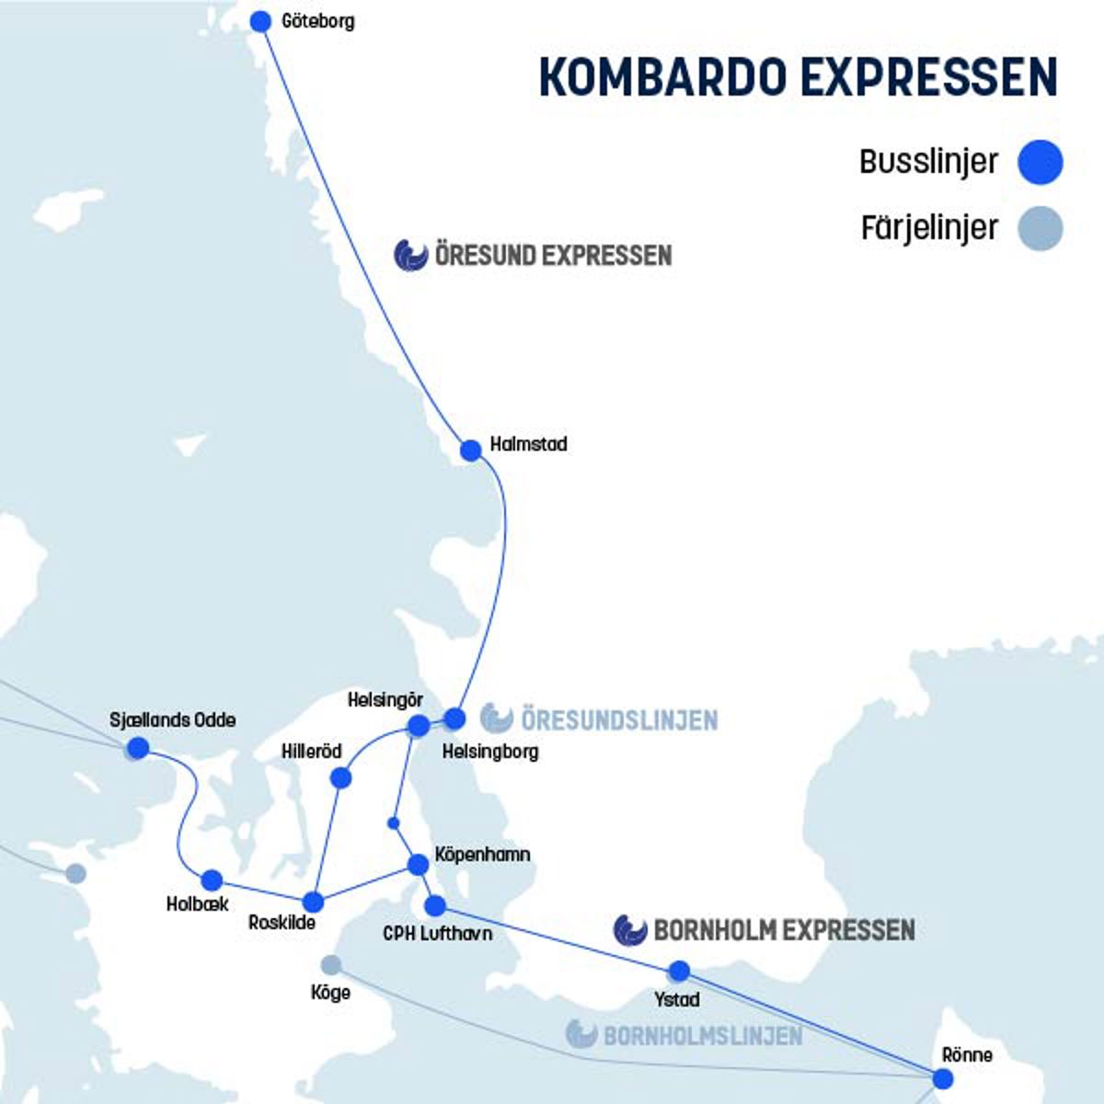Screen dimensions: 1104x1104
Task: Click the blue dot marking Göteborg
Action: (x=261, y=21)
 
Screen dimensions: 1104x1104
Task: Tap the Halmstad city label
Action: (x=528, y=444)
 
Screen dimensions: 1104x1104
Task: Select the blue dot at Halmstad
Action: (x=471, y=451)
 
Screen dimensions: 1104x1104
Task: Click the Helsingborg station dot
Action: (x=454, y=719)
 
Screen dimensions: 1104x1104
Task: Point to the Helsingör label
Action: (x=385, y=701)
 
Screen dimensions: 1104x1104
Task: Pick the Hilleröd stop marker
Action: (x=340, y=778)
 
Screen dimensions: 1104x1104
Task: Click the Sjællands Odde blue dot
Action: (x=138, y=748)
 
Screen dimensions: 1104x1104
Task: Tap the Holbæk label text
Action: (x=197, y=904)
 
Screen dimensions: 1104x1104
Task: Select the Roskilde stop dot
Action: (x=313, y=902)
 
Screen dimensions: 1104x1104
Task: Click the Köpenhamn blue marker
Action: (x=418, y=865)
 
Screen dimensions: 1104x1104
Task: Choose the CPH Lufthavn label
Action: (x=437, y=934)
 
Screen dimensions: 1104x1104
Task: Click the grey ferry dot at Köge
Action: (x=331, y=965)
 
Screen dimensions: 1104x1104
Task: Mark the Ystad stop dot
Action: (x=679, y=971)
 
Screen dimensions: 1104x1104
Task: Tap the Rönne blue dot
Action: (x=943, y=1078)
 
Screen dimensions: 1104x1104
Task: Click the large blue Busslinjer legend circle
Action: (x=1041, y=163)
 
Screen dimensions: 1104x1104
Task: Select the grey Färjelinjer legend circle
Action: (x=1041, y=228)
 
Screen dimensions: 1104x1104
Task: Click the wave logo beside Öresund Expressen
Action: (x=411, y=255)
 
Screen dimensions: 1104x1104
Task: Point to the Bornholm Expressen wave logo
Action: (x=630, y=930)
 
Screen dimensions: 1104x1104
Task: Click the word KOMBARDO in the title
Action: (x=663, y=77)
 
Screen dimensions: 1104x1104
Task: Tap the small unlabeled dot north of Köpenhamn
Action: (x=394, y=822)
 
